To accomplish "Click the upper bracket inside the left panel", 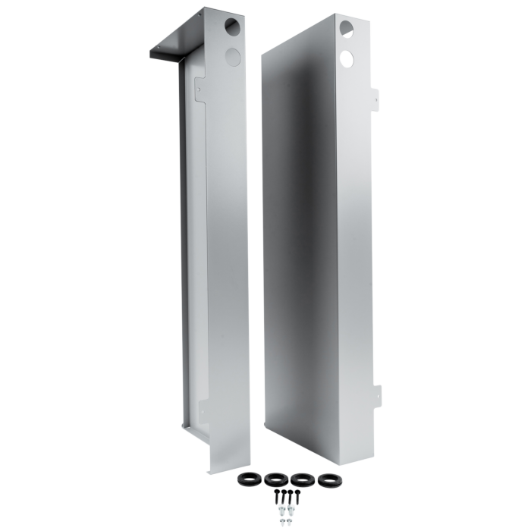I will (x=200, y=89).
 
